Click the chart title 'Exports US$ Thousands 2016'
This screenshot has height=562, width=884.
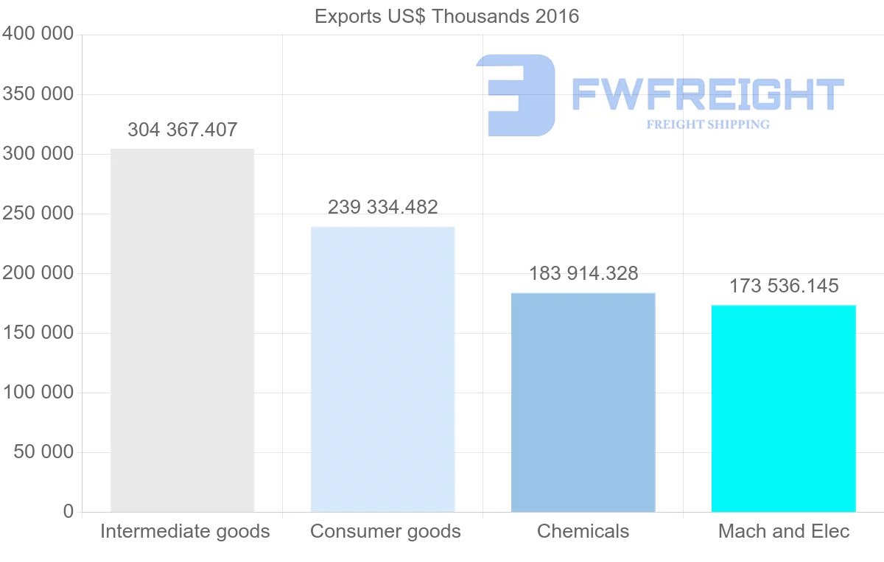click(446, 16)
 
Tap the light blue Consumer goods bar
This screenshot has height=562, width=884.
click(382, 369)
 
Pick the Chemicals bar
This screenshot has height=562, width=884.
click(583, 402)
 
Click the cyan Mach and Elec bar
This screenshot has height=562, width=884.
click(783, 408)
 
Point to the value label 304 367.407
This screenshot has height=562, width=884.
click(183, 130)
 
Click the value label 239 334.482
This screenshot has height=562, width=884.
click(383, 207)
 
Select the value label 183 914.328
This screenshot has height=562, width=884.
click(583, 273)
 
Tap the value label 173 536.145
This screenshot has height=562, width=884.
click(784, 286)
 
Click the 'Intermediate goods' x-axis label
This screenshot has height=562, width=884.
click(185, 531)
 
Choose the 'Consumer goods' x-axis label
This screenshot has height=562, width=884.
click(385, 531)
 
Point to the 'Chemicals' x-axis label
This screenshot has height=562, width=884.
click(583, 531)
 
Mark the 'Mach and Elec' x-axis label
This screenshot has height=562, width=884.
click(784, 531)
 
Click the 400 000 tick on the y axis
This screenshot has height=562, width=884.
click(38, 34)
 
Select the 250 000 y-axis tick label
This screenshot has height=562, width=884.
click(38, 213)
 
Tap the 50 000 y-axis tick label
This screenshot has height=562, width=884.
click(44, 452)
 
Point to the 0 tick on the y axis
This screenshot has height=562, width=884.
click(69, 511)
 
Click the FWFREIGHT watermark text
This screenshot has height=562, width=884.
click(707, 94)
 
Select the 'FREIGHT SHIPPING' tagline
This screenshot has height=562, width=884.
click(708, 124)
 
